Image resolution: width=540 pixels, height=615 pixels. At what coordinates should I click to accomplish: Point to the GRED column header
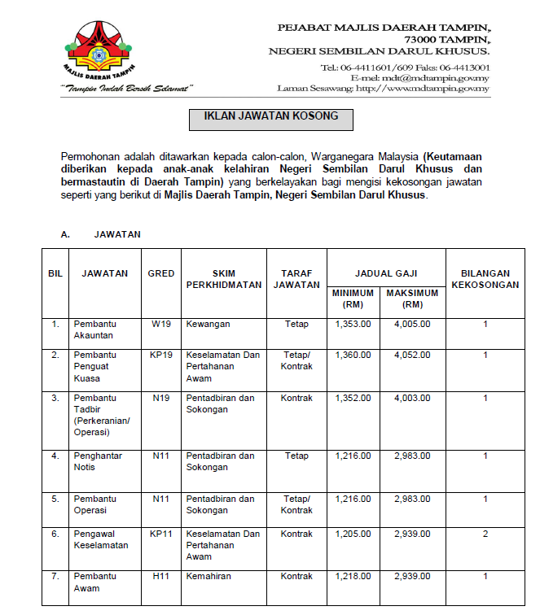(x=161, y=273)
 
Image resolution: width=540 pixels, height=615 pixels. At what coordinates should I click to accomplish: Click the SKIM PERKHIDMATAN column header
(x=224, y=279)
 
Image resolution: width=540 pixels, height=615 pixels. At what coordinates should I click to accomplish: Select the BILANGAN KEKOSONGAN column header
(x=485, y=279)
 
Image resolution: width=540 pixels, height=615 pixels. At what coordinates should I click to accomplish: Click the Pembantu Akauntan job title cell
(x=94, y=329)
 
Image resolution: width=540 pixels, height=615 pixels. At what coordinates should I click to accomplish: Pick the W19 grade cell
(x=161, y=324)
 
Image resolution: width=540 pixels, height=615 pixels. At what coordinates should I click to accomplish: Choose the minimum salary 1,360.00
(x=353, y=355)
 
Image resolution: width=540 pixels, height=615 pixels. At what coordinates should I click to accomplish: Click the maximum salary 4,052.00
(x=411, y=355)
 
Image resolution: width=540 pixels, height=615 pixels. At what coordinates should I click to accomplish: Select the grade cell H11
(x=161, y=576)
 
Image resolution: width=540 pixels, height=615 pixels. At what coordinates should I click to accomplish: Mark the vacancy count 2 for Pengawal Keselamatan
(x=485, y=534)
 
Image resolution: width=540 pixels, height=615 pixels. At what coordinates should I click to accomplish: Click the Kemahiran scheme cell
(x=209, y=576)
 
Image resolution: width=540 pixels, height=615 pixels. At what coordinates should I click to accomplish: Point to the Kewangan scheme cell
(x=208, y=324)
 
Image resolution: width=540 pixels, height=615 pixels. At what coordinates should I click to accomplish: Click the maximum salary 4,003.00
(x=411, y=398)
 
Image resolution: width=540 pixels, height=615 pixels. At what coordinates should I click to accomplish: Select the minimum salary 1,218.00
(x=353, y=576)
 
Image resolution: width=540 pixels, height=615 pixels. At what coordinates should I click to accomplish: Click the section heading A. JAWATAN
(x=101, y=234)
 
